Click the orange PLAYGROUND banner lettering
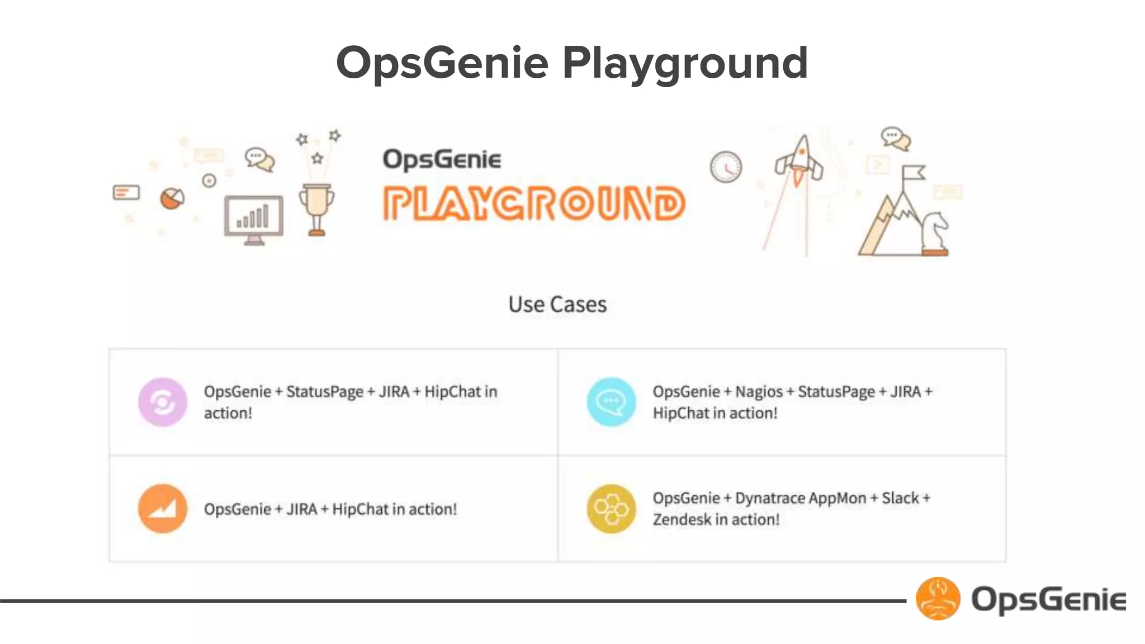click(x=534, y=203)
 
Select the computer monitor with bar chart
click(x=253, y=218)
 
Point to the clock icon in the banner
click(x=726, y=167)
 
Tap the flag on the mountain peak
click(x=912, y=173)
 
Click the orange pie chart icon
click(x=172, y=198)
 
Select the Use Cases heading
click(x=557, y=305)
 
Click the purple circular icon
click(x=163, y=402)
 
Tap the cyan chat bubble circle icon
click(x=611, y=402)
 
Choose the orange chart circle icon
click(x=163, y=508)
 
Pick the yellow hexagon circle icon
click(x=611, y=508)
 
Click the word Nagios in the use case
click(x=759, y=392)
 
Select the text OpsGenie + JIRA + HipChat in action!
click(x=330, y=509)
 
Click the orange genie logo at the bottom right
click(x=938, y=599)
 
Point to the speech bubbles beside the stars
click(x=260, y=160)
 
